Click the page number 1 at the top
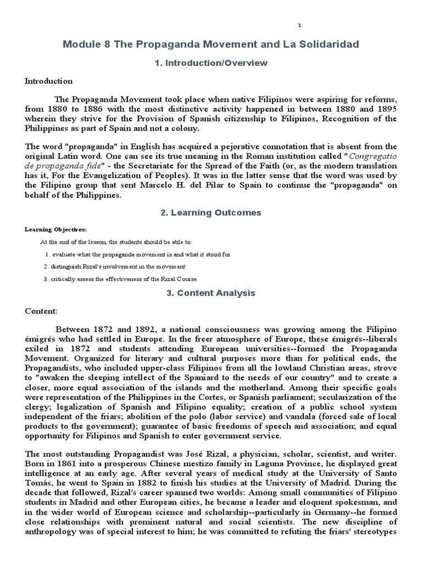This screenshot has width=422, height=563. tap(299, 25)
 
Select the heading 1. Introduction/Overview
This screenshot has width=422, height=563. tap(211, 63)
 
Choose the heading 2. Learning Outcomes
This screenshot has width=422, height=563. tap(211, 212)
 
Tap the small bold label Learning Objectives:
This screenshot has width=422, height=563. tap(55, 229)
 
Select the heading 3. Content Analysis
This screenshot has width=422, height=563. tap(211, 293)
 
